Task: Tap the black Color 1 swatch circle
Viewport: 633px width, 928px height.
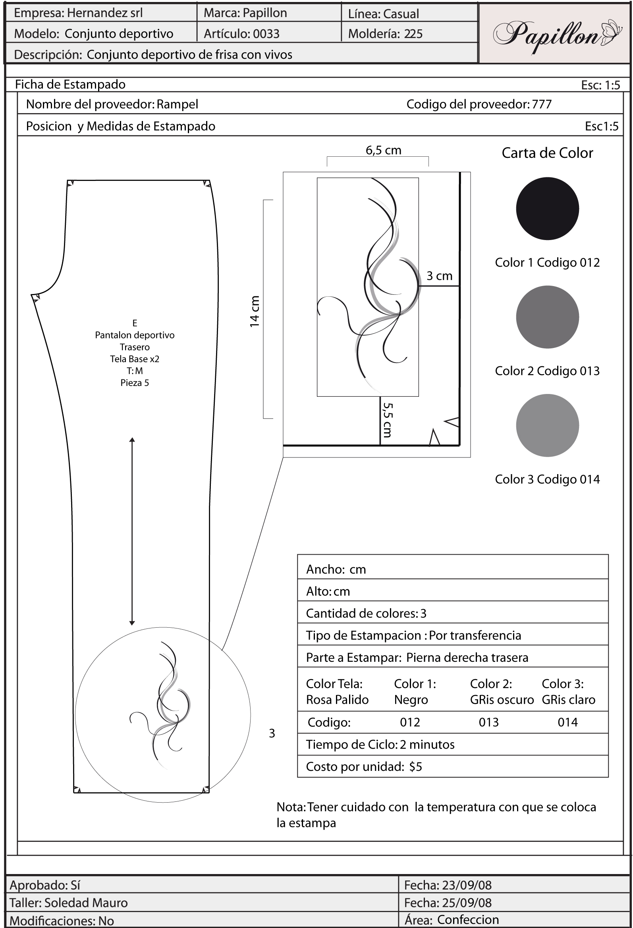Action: (547, 208)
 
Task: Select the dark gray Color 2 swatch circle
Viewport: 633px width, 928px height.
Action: (547, 317)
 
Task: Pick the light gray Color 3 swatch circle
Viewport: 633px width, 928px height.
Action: (547, 425)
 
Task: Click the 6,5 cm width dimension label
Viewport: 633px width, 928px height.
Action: (383, 150)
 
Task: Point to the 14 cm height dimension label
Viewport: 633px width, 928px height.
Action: (255, 312)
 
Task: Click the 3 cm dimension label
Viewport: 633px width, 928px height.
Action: (439, 276)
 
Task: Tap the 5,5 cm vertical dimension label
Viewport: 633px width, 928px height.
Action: (387, 420)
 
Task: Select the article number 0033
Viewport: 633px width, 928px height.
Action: (266, 34)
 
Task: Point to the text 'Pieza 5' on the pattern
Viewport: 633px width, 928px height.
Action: (135, 383)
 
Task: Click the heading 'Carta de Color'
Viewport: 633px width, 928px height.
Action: (547, 153)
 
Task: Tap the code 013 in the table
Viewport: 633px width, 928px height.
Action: (489, 722)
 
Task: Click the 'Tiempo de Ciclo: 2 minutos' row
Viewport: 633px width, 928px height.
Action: (380, 744)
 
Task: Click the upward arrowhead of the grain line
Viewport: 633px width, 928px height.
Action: (132, 440)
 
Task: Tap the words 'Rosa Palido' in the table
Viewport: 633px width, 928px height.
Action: (337, 699)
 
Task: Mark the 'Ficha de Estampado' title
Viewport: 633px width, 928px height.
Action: (70, 85)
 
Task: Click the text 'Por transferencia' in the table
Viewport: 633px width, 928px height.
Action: (475, 635)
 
